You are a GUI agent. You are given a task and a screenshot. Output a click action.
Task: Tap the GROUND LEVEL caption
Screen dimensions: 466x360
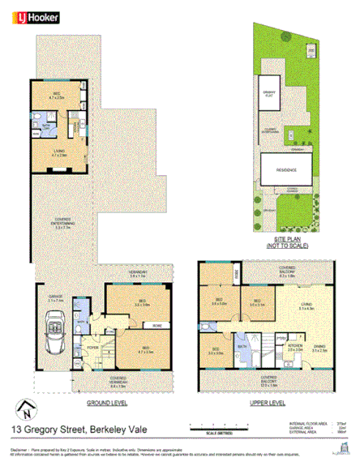tap(106, 401)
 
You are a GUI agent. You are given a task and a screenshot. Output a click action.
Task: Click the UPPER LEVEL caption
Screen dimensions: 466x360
tap(268, 401)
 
